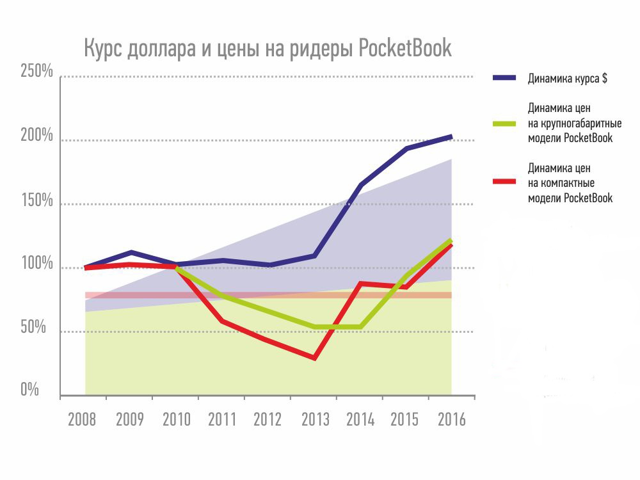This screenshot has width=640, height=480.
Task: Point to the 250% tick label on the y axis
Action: pyautogui.click(x=37, y=71)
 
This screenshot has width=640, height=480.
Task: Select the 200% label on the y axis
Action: pyautogui.click(x=37, y=136)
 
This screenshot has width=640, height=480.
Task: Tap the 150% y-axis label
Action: pyautogui.click(x=37, y=200)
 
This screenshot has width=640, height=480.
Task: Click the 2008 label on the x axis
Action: pyautogui.click(x=83, y=420)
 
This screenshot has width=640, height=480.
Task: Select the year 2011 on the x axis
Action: pyautogui.click(x=221, y=420)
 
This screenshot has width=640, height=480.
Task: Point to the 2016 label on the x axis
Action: pyautogui.click(x=451, y=420)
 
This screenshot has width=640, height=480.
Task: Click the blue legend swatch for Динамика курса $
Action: pyautogui.click(x=504, y=78)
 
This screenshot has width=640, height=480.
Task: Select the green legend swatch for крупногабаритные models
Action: pyautogui.click(x=504, y=122)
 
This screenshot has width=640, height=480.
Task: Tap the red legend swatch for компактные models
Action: pyautogui.click(x=504, y=182)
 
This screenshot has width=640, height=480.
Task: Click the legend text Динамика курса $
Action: pyautogui.click(x=567, y=79)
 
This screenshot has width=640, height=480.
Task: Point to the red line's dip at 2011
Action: pyautogui.click(x=222, y=321)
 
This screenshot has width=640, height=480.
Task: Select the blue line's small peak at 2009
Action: pyautogui.click(x=131, y=252)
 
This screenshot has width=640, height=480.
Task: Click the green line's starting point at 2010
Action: pyautogui.click(x=177, y=268)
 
